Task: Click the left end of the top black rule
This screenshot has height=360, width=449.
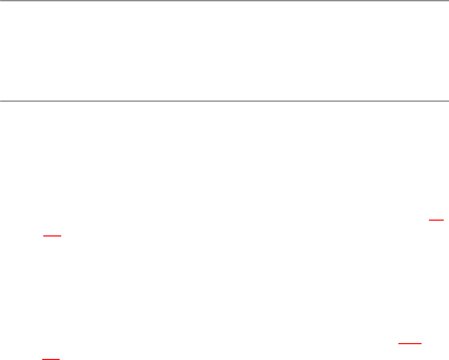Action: (1, 1)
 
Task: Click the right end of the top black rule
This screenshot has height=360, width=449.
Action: (448, 1)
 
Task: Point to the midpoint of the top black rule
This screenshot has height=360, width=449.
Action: (224, 1)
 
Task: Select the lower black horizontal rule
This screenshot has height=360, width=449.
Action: (224, 100)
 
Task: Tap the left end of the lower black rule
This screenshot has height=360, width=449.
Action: (1, 100)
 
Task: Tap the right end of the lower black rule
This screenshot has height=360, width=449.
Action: (448, 100)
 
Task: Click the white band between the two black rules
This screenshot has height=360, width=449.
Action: (224, 51)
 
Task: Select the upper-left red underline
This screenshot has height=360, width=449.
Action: (53, 235)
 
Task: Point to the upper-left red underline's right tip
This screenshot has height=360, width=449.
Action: (61, 235)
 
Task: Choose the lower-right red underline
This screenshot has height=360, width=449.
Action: (410, 343)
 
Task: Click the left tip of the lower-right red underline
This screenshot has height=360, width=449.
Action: (398, 343)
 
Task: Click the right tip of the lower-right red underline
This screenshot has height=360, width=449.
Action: (422, 343)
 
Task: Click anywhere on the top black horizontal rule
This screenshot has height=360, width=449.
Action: (158, 1)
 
